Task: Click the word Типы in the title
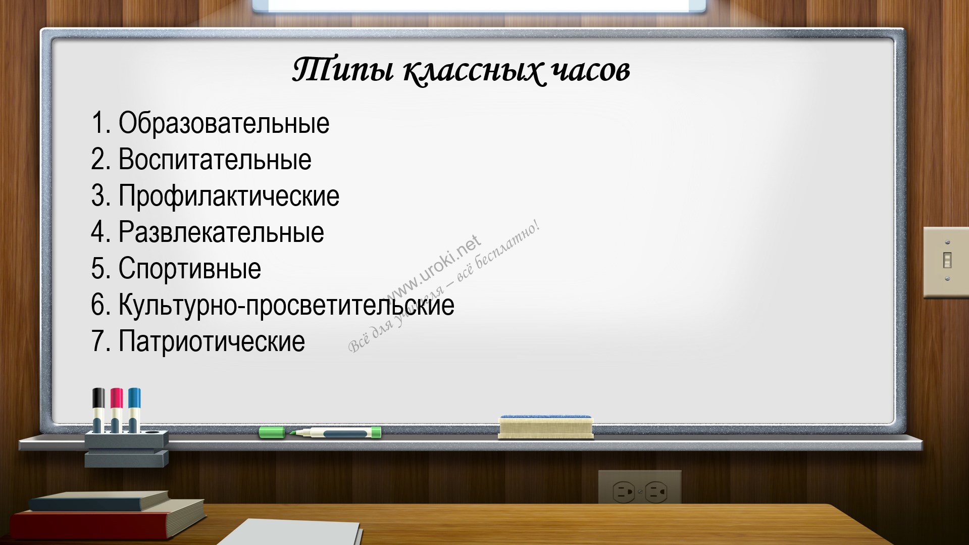point(343,70)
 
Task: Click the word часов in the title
point(591,71)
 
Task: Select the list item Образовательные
point(224,123)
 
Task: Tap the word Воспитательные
point(215,159)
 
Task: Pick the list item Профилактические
point(229,196)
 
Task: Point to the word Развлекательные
point(221,232)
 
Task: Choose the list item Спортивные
point(190,269)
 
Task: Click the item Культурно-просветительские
point(286,305)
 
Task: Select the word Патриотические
point(212,341)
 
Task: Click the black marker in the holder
point(99,410)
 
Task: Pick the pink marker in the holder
point(116,410)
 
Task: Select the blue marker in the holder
point(134,410)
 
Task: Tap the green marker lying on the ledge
point(320,432)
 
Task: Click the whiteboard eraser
point(545,427)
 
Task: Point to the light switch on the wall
point(946,262)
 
